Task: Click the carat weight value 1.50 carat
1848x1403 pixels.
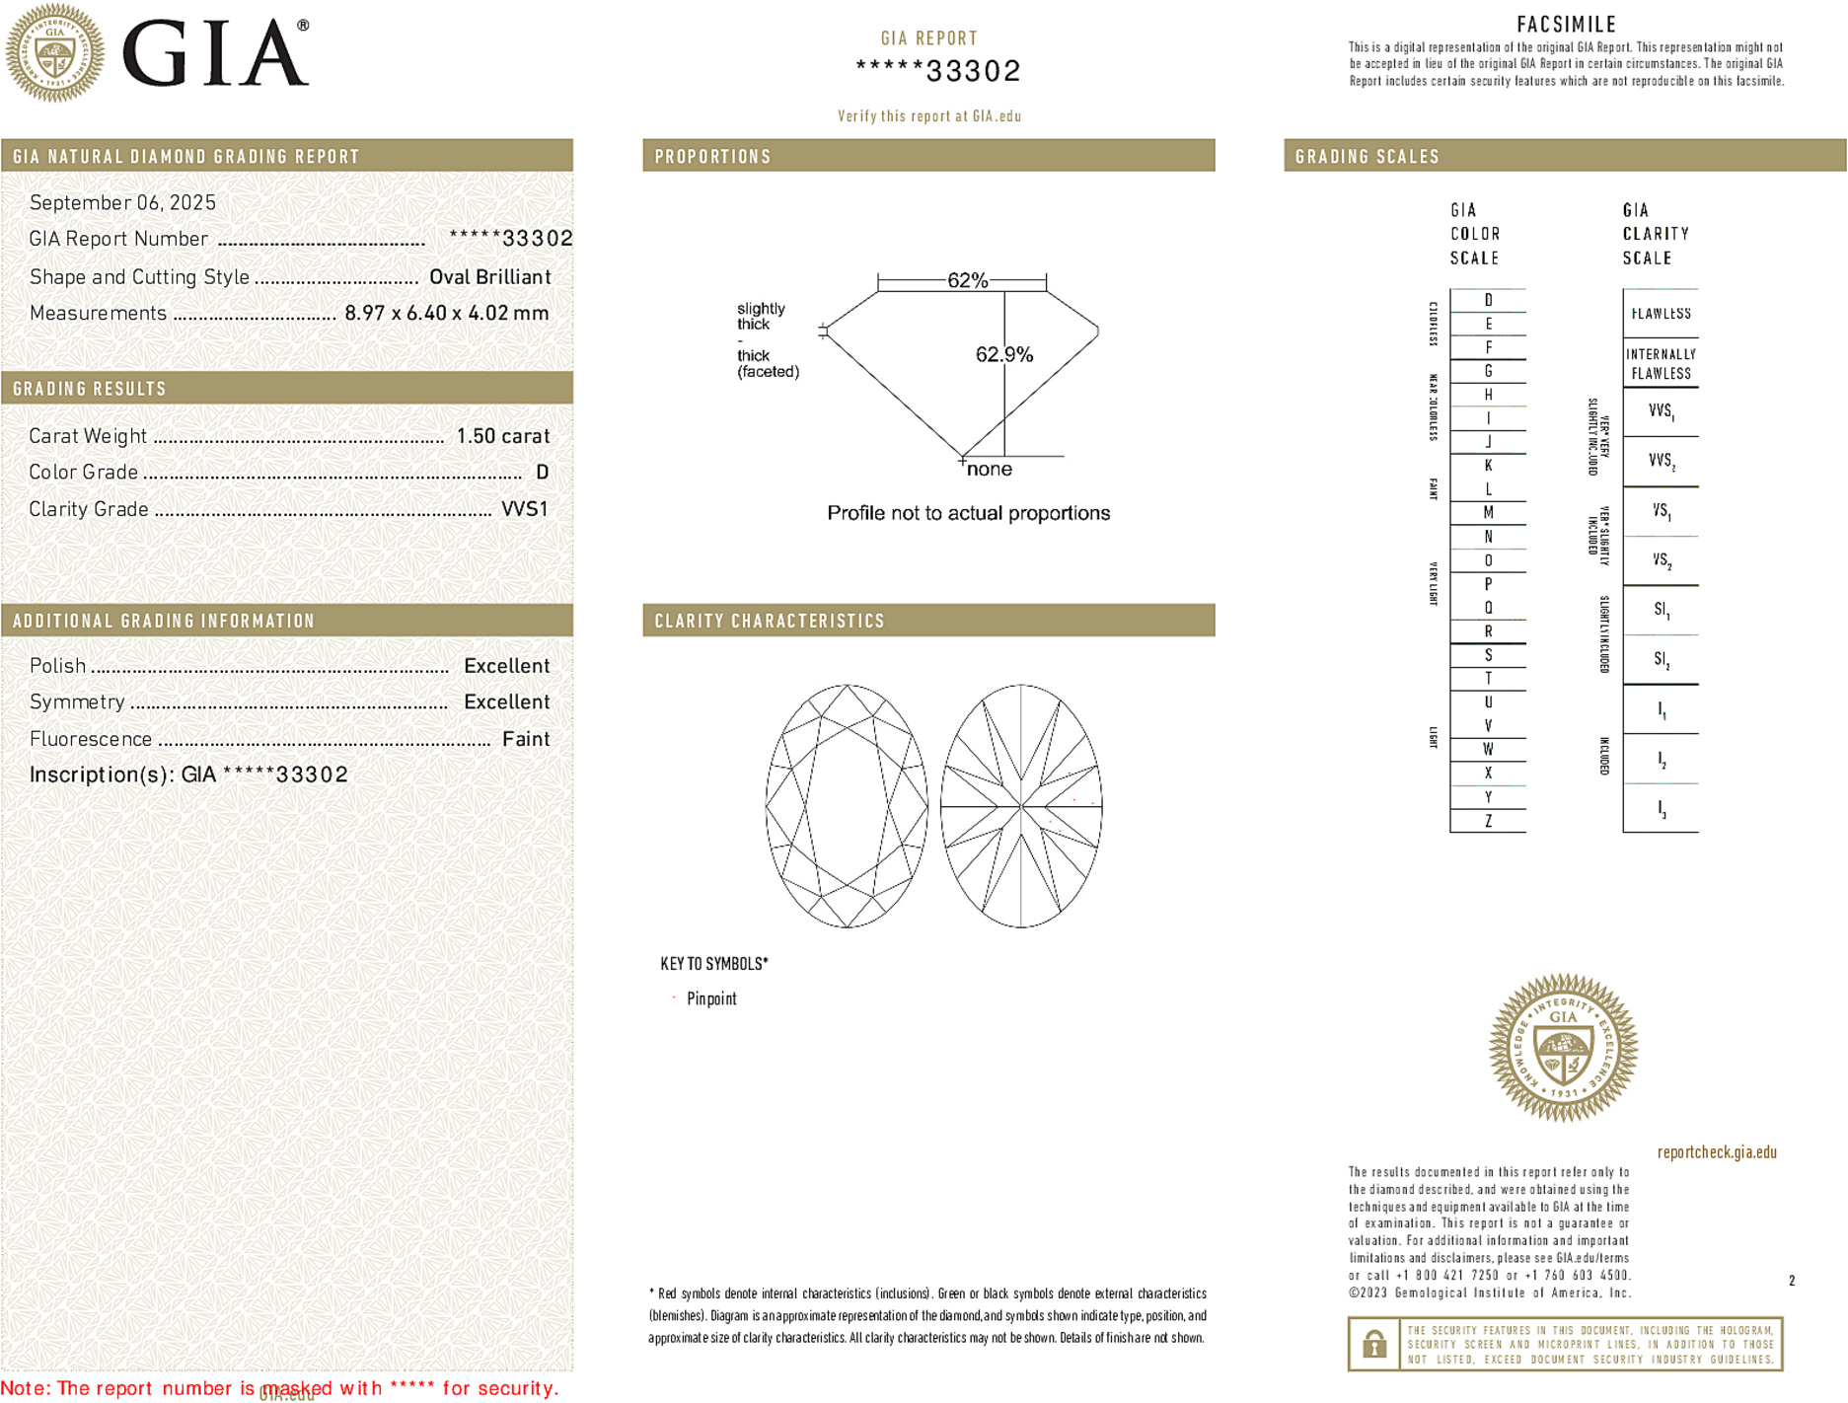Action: tap(502, 436)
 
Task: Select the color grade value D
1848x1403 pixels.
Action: tap(542, 473)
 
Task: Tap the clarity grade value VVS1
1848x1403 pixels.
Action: tap(524, 509)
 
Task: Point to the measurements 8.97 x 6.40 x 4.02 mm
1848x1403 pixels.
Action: tap(446, 314)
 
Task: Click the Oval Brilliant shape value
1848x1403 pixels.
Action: tap(489, 277)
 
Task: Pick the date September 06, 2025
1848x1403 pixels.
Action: tap(122, 202)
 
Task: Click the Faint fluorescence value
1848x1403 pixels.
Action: tap(526, 739)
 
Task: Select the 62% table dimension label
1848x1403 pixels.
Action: tap(967, 280)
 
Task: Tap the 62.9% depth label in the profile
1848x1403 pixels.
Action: tap(1003, 354)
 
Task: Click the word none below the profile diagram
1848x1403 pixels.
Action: tap(989, 470)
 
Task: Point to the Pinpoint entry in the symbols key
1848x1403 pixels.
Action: tap(711, 998)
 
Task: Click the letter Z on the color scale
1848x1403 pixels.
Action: tap(1488, 821)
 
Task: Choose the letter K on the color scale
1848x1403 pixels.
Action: tap(1488, 466)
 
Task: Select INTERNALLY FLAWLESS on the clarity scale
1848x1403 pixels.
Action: tap(1661, 364)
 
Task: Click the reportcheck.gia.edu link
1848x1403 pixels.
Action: tap(1717, 1152)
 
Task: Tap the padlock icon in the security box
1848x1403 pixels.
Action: tap(1373, 1344)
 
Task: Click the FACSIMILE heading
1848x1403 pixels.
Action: tap(1566, 25)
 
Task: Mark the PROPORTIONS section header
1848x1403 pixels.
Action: tap(712, 157)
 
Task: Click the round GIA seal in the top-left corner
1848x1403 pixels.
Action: tap(55, 52)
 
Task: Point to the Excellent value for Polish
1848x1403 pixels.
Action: tap(506, 666)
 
